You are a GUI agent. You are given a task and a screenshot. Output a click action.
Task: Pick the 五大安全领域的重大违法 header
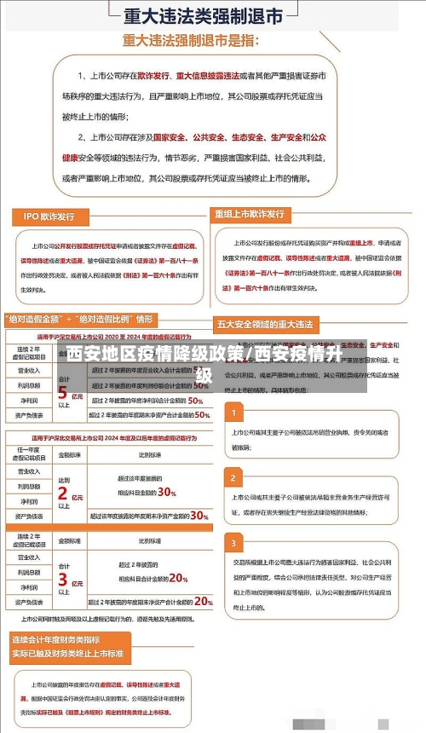coord(266,324)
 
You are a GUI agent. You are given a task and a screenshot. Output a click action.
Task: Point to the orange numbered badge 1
coord(233,413)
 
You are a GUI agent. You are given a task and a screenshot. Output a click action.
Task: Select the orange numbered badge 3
coord(233,542)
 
